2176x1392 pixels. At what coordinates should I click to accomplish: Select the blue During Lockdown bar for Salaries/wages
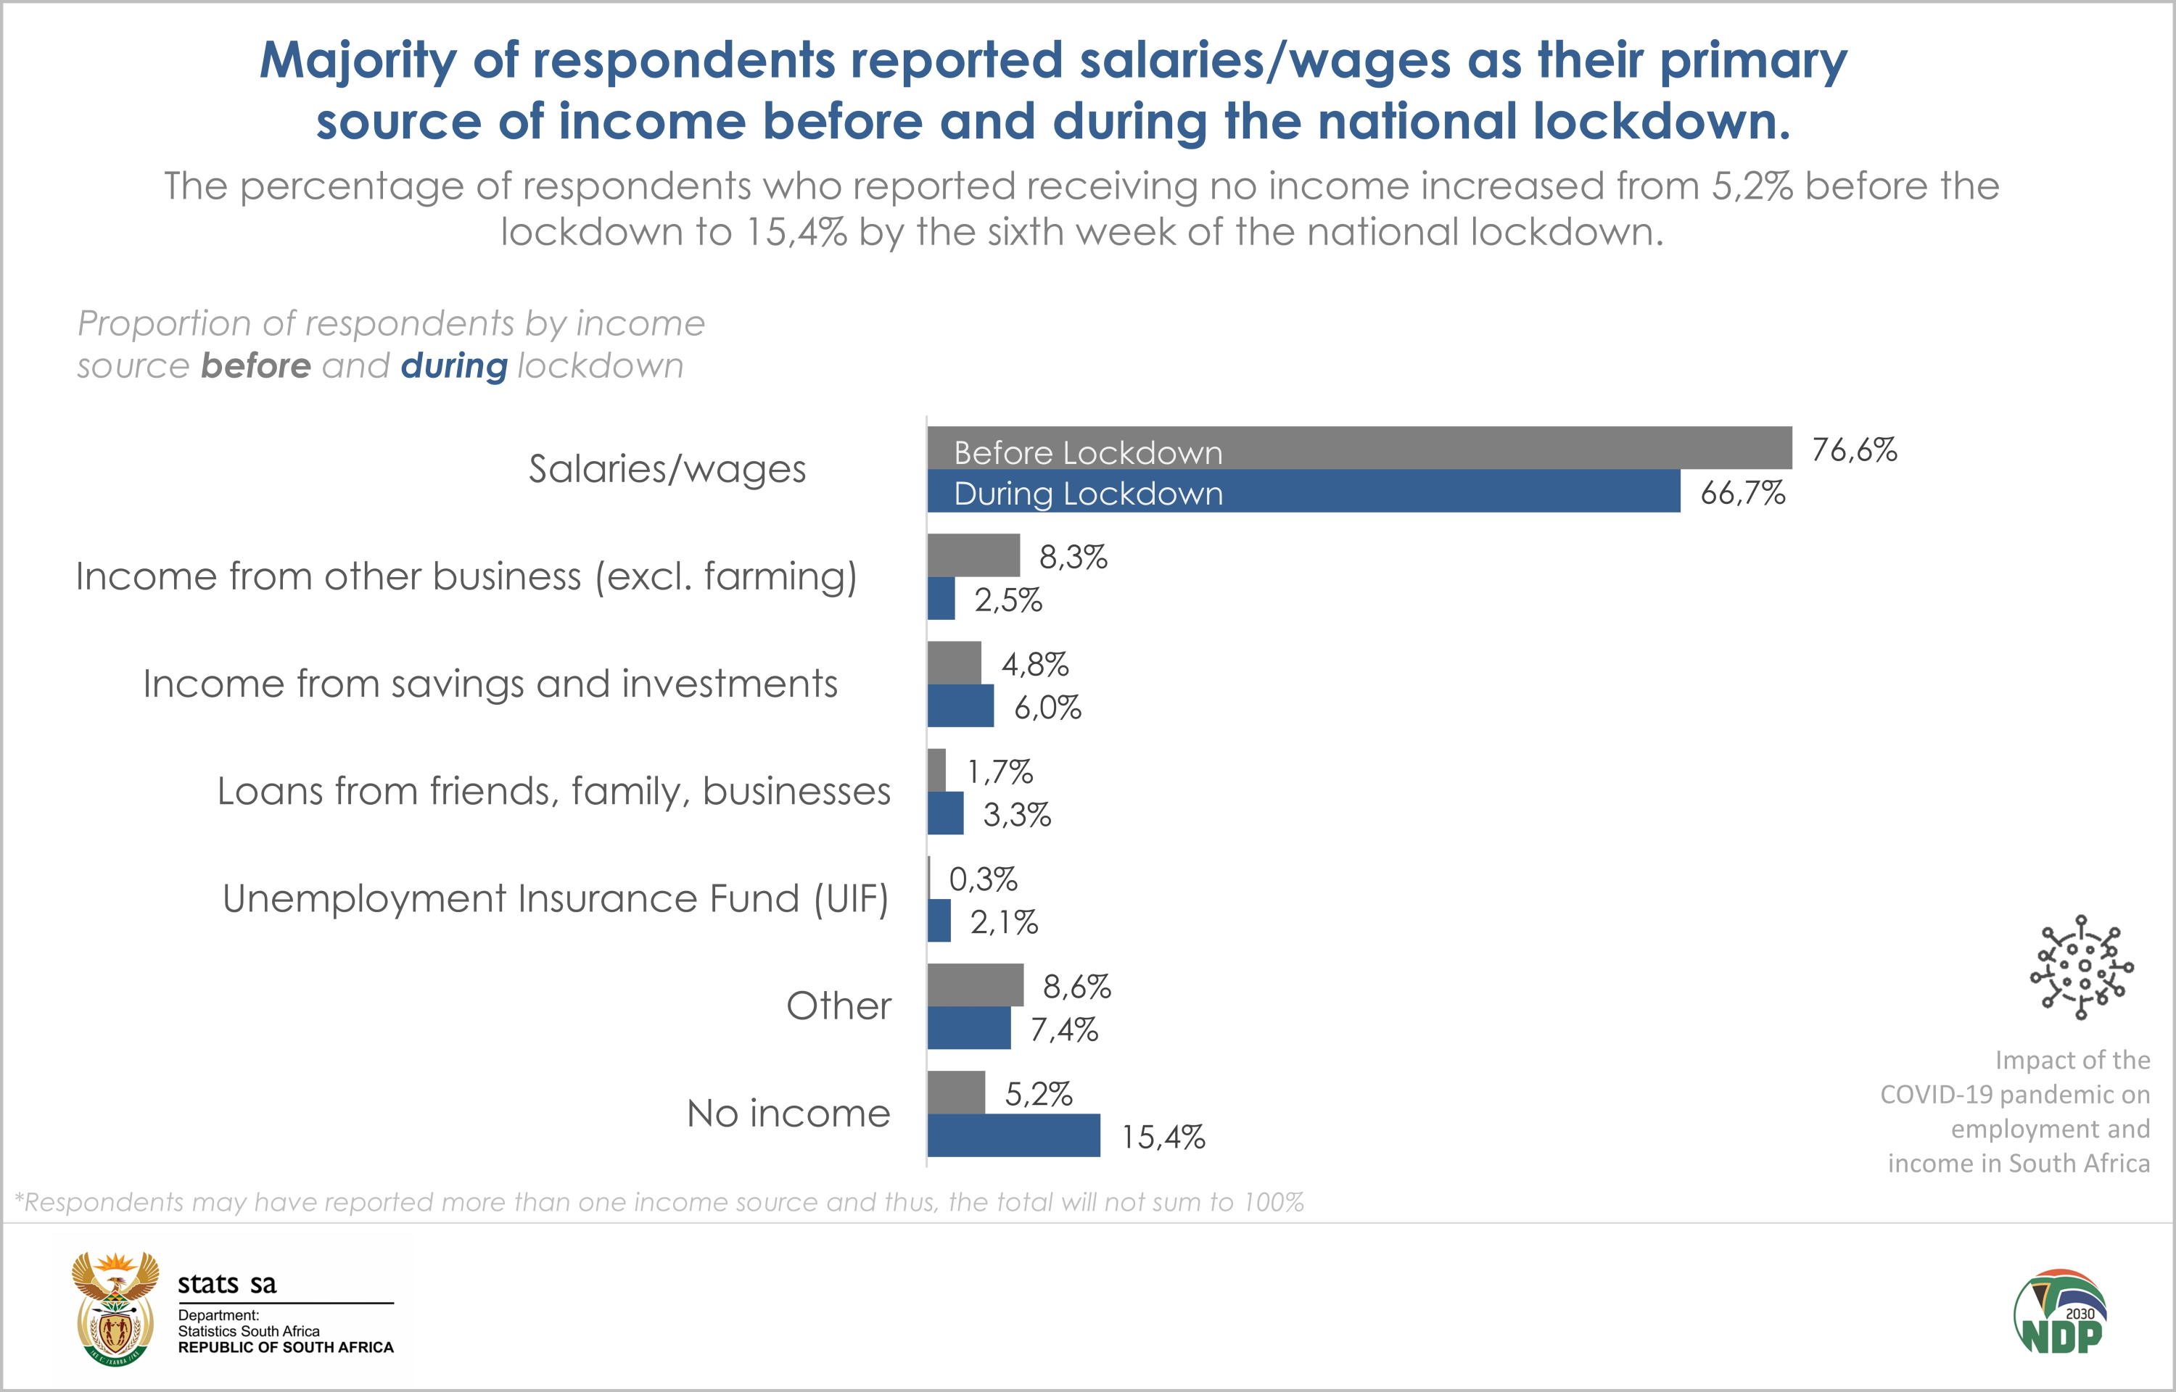(x=1303, y=491)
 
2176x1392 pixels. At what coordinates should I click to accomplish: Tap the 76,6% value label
(x=1854, y=449)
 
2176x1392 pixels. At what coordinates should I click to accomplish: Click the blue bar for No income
(x=1013, y=1135)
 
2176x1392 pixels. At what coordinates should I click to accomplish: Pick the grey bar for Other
(x=976, y=985)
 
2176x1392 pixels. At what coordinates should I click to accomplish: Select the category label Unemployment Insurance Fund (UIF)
(x=555, y=898)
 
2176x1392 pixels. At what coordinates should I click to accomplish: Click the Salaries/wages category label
(x=667, y=468)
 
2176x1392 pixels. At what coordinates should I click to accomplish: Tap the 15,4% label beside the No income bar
(x=1163, y=1137)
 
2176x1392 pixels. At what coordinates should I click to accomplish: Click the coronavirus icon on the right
(x=2081, y=967)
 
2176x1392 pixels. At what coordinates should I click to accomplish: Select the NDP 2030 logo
(x=2060, y=1312)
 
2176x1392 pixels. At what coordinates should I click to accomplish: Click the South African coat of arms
(x=115, y=1309)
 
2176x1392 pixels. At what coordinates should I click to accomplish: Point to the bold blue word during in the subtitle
(x=454, y=366)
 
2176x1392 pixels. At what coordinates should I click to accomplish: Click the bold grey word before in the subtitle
(x=256, y=366)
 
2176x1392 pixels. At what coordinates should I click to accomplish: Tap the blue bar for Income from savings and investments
(x=960, y=706)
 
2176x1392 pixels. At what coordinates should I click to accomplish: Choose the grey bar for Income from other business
(x=973, y=555)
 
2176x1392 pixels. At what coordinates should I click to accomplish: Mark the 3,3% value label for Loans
(x=1017, y=814)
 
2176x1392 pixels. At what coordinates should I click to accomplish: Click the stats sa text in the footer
(x=227, y=1283)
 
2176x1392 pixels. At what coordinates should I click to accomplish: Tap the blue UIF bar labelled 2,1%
(x=939, y=920)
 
